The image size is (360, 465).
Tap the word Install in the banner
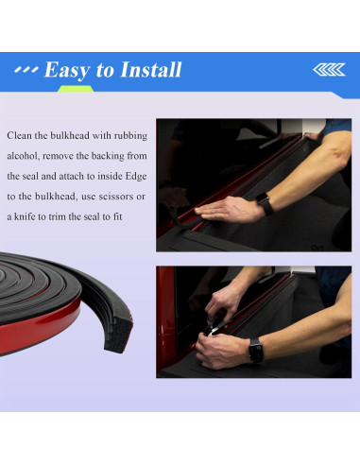tap(151, 69)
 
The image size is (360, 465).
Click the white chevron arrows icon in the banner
tap(329, 70)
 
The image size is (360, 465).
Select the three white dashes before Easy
tap(26, 69)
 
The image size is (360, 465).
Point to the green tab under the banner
tap(76, 89)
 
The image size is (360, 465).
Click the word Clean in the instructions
tap(19, 135)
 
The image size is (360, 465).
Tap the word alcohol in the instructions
tap(23, 156)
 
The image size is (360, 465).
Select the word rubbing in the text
tap(130, 136)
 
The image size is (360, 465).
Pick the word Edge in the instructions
tap(136, 176)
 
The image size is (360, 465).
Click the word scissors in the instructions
tap(116, 197)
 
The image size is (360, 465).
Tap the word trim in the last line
tap(57, 216)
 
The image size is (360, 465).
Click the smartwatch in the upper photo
tap(265, 204)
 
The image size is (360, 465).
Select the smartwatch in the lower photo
tap(256, 350)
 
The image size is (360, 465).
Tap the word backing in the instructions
tap(108, 156)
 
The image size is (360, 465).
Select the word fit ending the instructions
tap(118, 216)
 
